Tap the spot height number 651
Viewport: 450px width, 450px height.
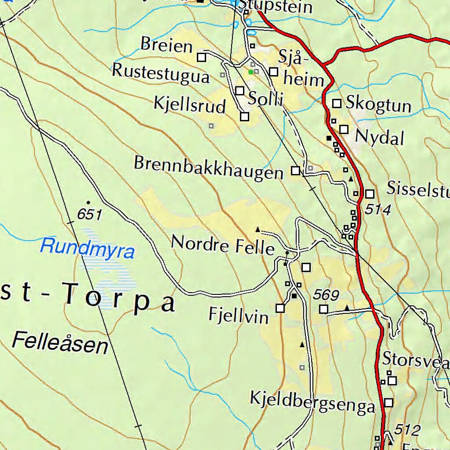coord(89,215)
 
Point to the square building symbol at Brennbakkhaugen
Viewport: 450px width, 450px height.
coord(296,171)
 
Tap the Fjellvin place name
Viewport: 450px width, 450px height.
coord(238,315)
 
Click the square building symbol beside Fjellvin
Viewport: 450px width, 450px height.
coord(280,308)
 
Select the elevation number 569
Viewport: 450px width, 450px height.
coord(326,295)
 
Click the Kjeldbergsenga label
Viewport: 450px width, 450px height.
coord(312,403)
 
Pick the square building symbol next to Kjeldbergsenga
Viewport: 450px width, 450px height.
coord(389,402)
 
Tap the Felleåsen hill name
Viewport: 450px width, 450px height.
coord(60,343)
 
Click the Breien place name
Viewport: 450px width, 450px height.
coord(167,45)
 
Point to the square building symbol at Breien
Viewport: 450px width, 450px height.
coord(201,57)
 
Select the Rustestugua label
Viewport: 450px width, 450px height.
coord(161,73)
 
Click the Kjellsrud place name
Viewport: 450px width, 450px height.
coord(189,105)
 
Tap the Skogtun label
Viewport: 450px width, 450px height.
coord(378,105)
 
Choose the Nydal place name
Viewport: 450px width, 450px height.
coord(379,138)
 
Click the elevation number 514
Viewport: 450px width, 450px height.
coord(377,210)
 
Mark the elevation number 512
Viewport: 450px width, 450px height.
coord(407,429)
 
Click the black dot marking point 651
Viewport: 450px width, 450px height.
coord(88,202)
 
